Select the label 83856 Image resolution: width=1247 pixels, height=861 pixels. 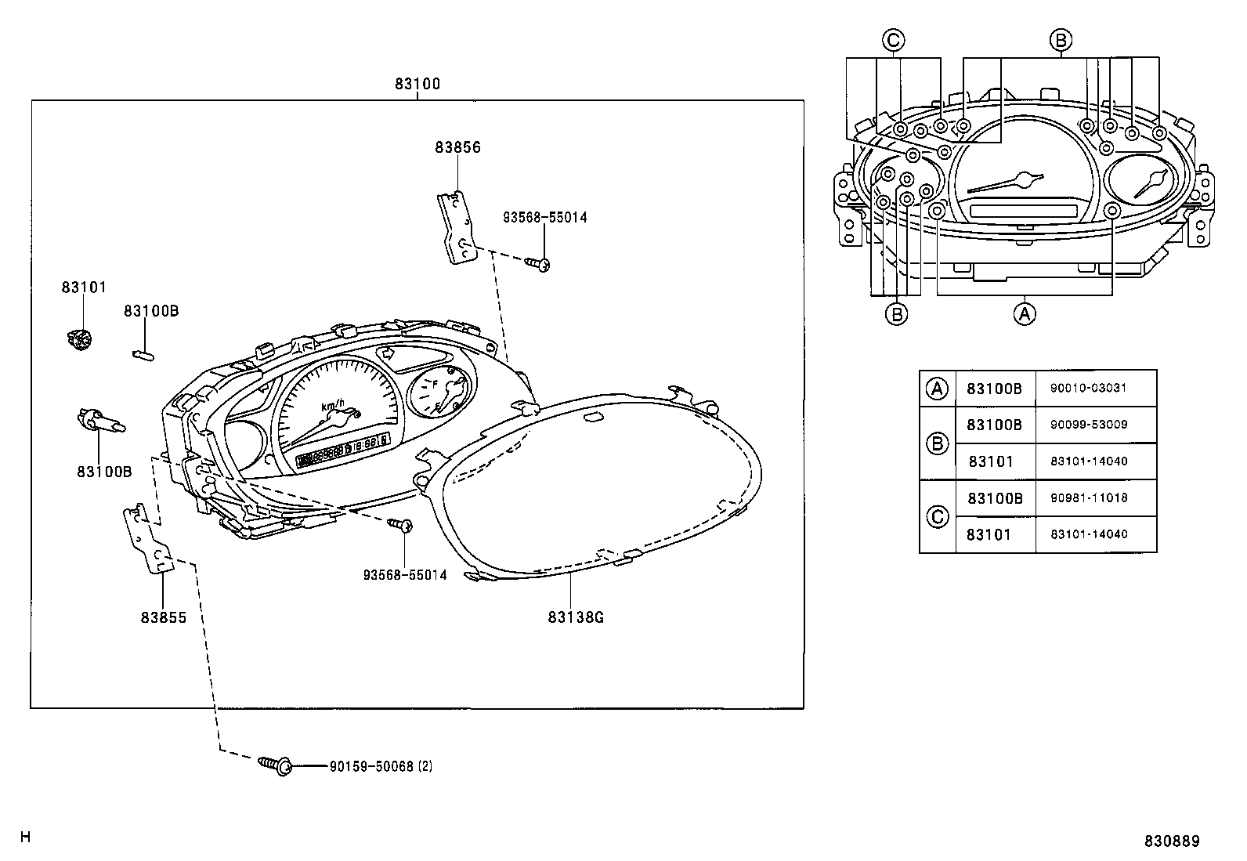[x=458, y=147]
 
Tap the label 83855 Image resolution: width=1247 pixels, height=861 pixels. [x=164, y=617]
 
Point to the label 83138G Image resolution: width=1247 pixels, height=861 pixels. [x=576, y=617]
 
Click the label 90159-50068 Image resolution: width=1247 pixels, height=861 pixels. [x=371, y=765]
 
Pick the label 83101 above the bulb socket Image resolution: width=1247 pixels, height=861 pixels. [x=84, y=288]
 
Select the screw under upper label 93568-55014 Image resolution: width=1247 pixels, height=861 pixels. [x=539, y=265]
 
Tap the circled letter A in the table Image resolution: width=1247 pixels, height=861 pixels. [x=937, y=388]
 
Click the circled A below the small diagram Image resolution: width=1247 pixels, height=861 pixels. [x=1025, y=314]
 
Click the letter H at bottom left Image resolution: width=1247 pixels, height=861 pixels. [x=25, y=837]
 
